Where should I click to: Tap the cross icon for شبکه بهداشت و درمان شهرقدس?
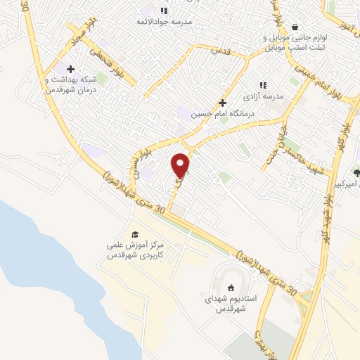(x=70, y=69)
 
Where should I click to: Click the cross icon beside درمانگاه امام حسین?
(x=223, y=103)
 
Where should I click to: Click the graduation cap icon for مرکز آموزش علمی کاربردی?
(x=134, y=234)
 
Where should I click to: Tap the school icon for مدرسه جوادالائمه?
(x=165, y=10)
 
